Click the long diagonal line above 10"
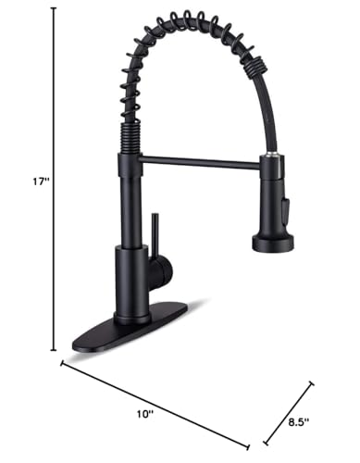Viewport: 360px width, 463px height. coord(157,403)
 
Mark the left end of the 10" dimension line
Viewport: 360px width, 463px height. coord(63,364)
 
